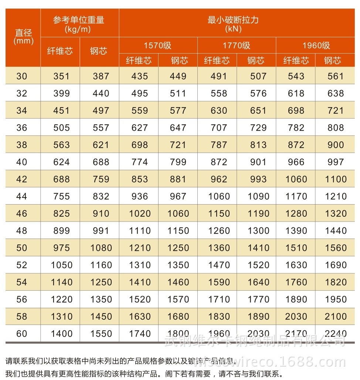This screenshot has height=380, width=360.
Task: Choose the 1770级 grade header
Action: pyautogui.click(x=236, y=46)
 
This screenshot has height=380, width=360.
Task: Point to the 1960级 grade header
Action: pyautogui.click(x=316, y=46)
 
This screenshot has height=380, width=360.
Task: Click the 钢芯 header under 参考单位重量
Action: pyautogui.click(x=99, y=51)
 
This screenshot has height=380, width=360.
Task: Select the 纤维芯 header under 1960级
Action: pyautogui.click(x=296, y=61)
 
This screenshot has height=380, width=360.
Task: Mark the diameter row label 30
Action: pyautogui.click(x=22, y=76)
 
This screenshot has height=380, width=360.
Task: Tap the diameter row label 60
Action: pyautogui.click(x=22, y=334)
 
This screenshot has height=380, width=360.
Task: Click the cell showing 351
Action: pyautogui.click(x=61, y=76)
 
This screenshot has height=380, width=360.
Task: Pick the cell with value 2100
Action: pyautogui.click(x=336, y=316)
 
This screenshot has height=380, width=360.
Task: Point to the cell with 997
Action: pyautogui.click(x=336, y=162)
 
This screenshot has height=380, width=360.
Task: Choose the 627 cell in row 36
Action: pyautogui.click(x=139, y=128)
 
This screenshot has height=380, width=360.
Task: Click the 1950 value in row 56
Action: pyautogui.click(x=336, y=299)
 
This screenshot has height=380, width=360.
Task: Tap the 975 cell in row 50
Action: pyautogui.click(x=61, y=248)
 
